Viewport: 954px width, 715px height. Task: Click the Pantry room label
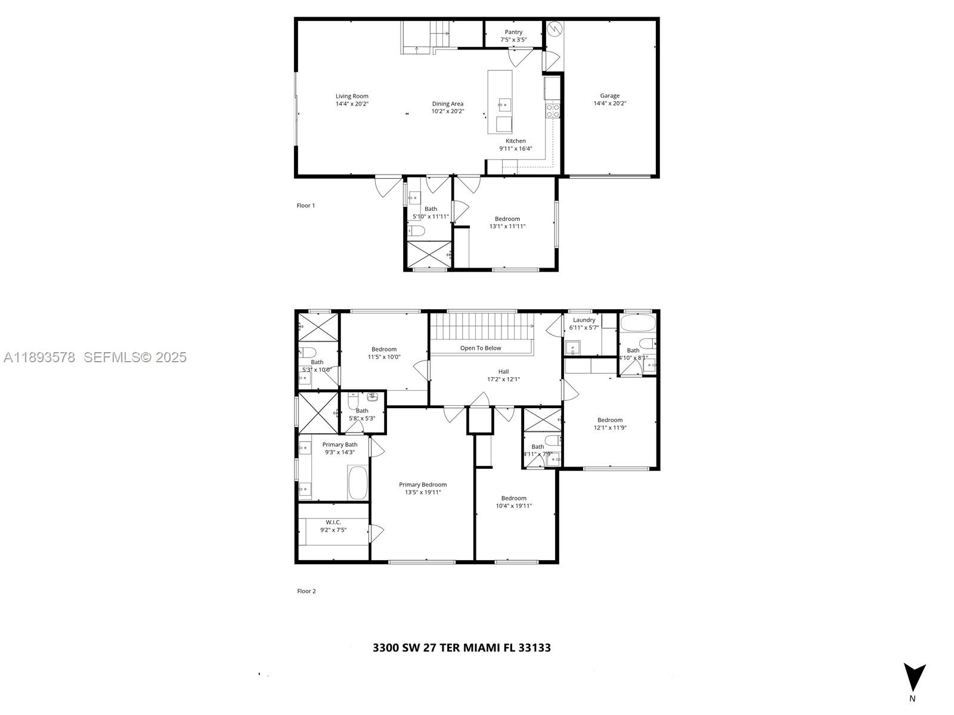point(513,32)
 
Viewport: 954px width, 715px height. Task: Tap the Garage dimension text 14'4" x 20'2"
point(609,104)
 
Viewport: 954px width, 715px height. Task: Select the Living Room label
point(352,96)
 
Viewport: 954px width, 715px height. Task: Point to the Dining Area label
point(448,104)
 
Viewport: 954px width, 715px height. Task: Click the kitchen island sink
point(504,105)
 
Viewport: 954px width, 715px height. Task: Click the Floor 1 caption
point(306,206)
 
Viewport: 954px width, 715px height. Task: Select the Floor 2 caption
point(306,591)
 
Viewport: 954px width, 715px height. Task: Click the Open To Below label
point(481,348)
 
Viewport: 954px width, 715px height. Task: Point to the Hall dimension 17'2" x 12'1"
point(504,379)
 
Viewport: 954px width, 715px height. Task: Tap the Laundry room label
point(584,320)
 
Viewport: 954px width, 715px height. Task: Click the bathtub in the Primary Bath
point(358,483)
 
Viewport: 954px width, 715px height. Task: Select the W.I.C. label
point(333,522)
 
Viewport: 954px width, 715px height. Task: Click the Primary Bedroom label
point(423,484)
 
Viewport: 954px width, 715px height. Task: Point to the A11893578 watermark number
point(39,357)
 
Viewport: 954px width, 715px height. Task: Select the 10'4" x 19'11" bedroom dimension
point(514,506)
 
